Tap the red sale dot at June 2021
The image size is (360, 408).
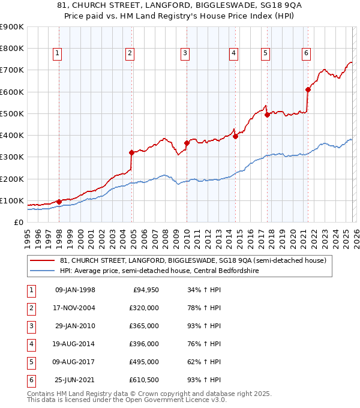click(308, 89)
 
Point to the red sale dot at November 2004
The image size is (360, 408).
click(131, 152)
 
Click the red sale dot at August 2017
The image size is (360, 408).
click(267, 115)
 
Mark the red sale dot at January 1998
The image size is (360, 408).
click(59, 202)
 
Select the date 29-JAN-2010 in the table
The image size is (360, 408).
click(75, 326)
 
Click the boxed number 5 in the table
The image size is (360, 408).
click(30, 362)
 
